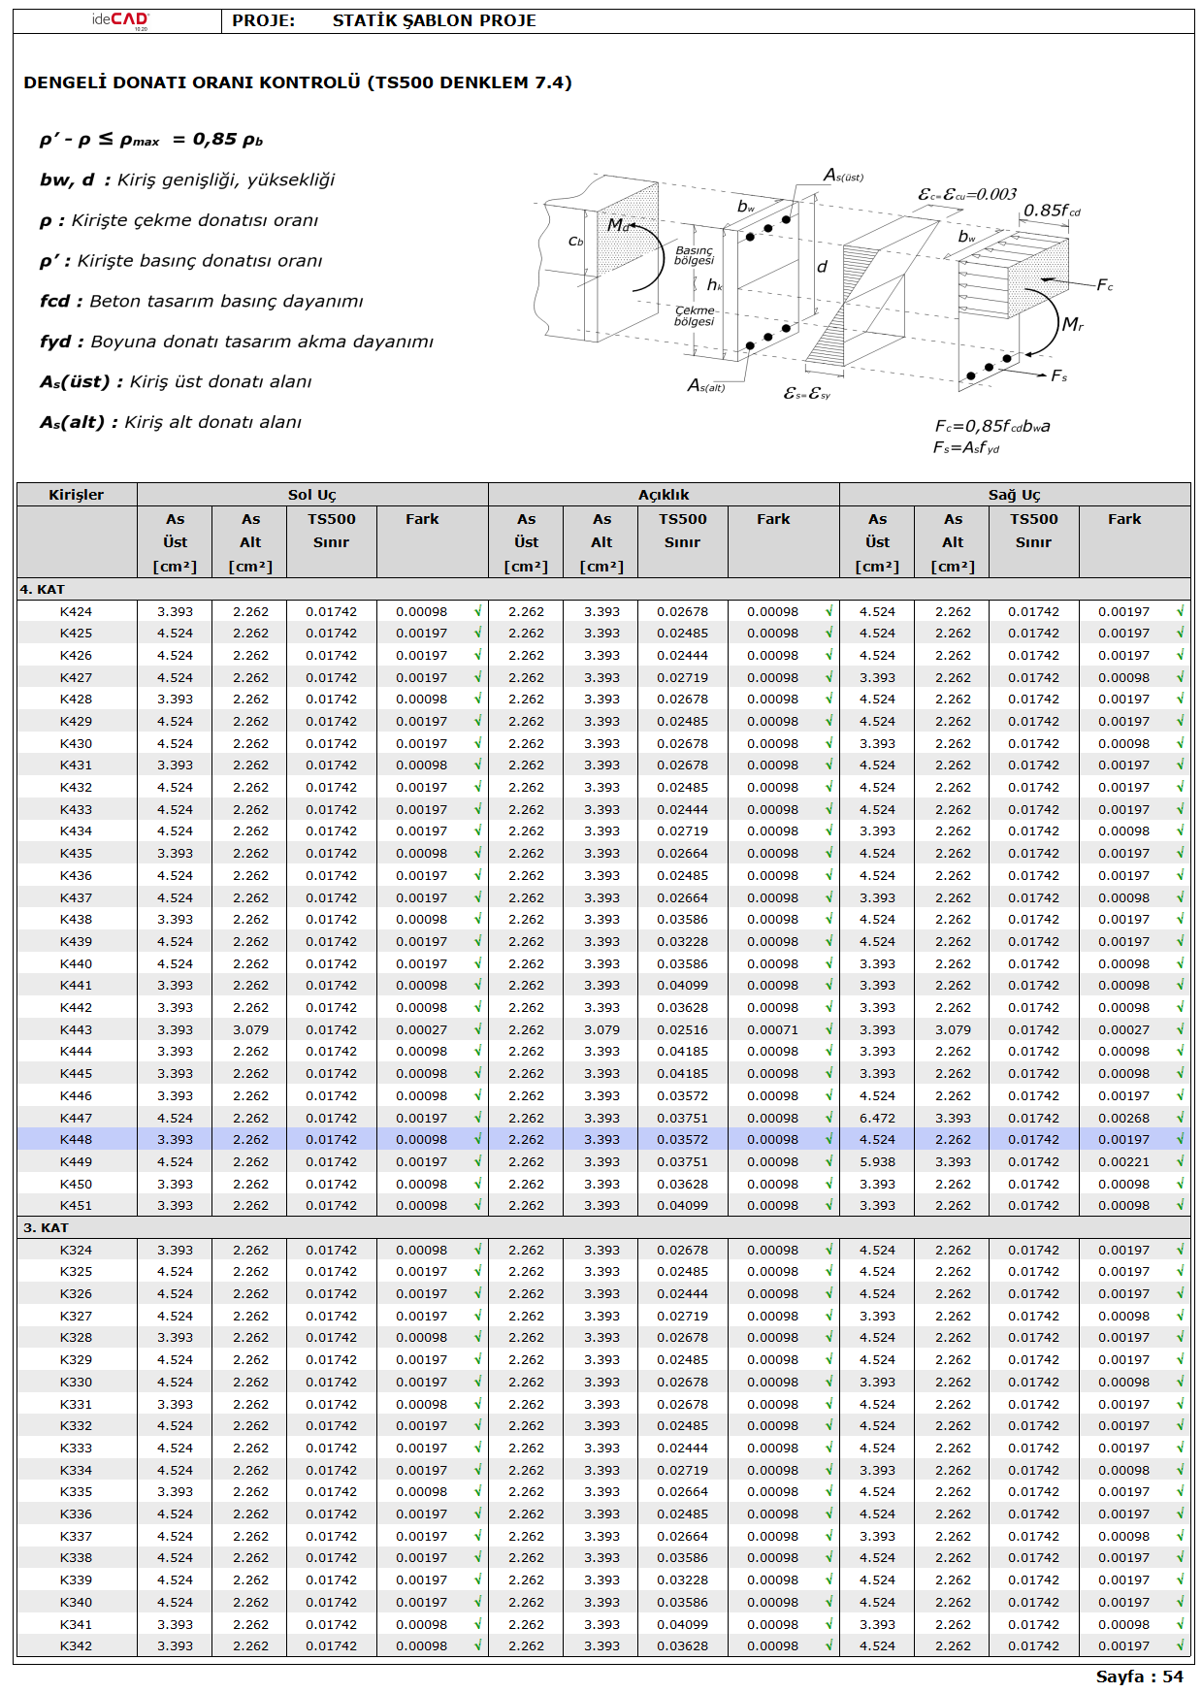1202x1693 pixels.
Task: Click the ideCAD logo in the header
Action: point(120,20)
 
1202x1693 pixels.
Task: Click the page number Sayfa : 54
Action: point(1139,1677)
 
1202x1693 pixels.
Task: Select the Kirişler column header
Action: point(77,495)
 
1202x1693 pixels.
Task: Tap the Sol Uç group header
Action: point(312,495)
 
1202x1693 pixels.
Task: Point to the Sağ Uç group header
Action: point(1014,495)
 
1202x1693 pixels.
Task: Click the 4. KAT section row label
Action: point(43,589)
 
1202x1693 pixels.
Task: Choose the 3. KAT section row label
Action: point(46,1227)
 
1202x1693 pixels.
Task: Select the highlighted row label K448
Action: point(77,1140)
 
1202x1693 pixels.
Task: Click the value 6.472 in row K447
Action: point(877,1118)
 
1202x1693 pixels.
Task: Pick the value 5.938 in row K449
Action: point(877,1161)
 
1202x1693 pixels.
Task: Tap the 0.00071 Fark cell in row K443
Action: point(772,1029)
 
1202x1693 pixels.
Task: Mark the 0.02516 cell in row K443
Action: point(682,1029)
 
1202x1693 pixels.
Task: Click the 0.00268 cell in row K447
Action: point(1123,1118)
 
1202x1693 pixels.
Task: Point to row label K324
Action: point(77,1250)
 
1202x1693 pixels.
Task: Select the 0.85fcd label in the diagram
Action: point(1052,211)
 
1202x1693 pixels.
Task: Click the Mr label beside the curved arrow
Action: point(1072,324)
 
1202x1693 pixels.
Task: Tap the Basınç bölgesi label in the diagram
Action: point(695,255)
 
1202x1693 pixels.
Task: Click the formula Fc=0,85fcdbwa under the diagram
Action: point(992,426)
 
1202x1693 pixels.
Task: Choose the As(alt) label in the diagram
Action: point(706,386)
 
